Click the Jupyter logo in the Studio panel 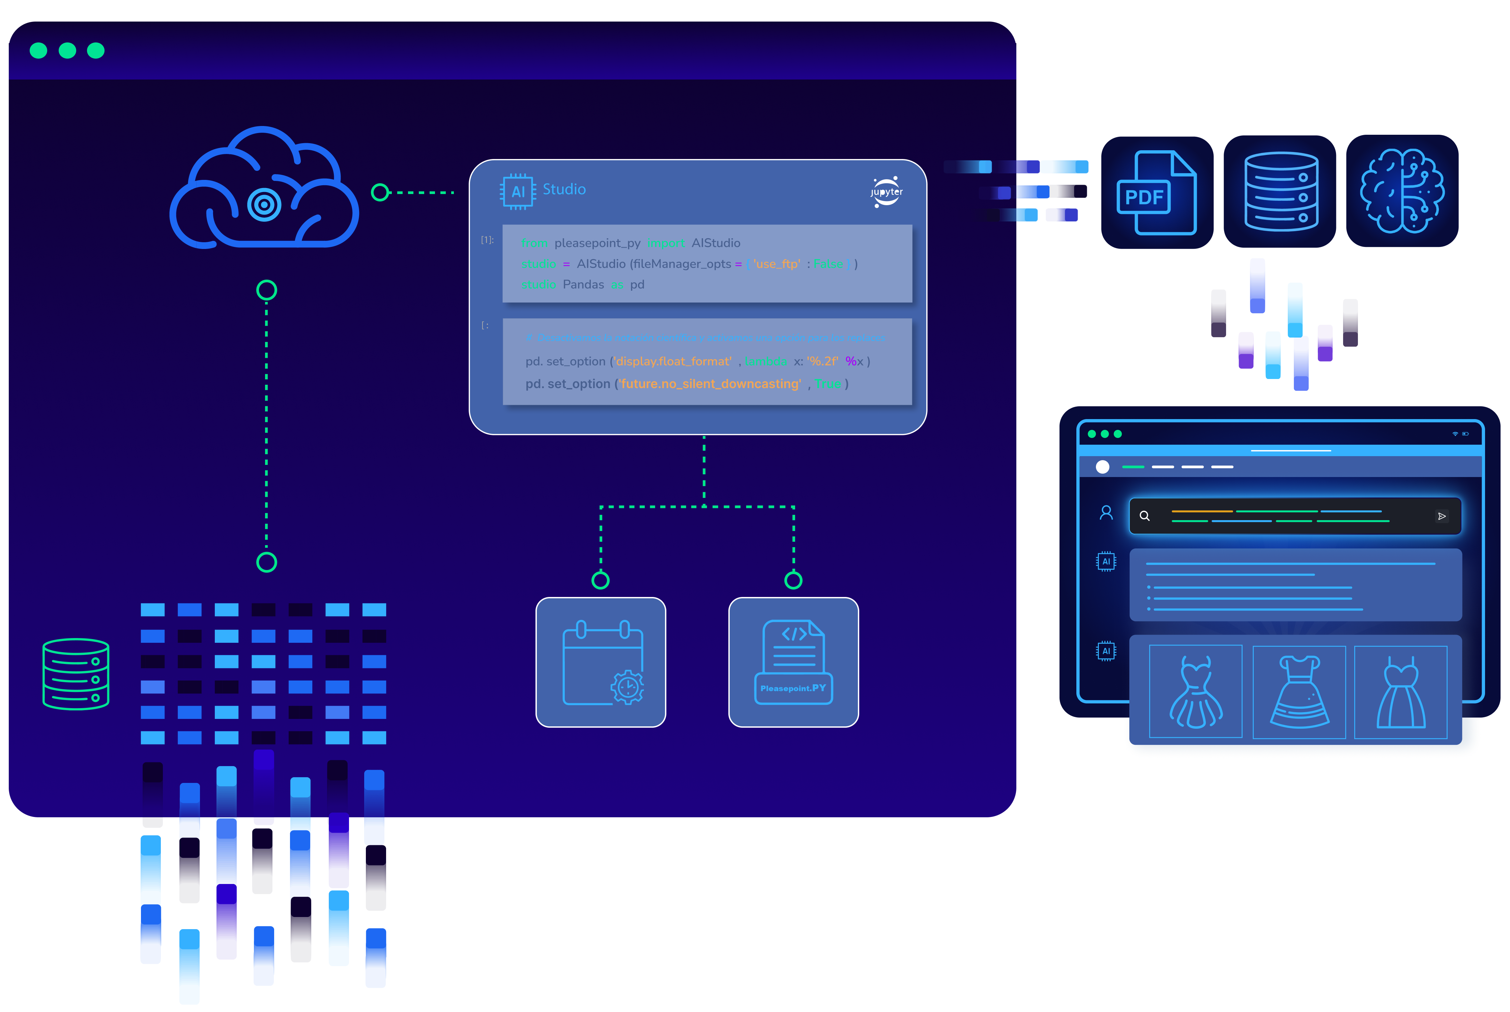pos(886,192)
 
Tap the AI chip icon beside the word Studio pos(517,191)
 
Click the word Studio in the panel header pos(564,189)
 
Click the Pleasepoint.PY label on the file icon pos(793,688)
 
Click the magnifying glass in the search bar pos(1144,516)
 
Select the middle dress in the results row pos(1299,692)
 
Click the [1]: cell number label pos(487,240)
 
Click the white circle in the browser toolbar pos(1102,467)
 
